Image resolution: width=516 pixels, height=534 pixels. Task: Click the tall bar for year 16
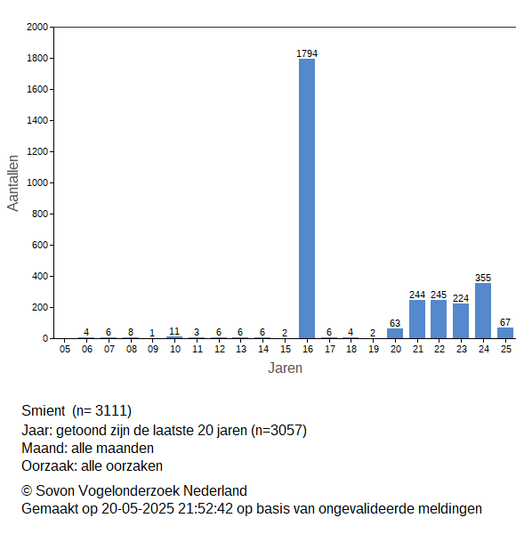(x=307, y=198)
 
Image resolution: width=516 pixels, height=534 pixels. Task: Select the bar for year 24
(x=483, y=311)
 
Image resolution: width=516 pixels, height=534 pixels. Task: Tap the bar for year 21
(x=417, y=320)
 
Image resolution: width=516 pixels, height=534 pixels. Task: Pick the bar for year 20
(x=395, y=334)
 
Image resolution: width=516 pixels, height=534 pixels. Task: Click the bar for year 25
(x=505, y=333)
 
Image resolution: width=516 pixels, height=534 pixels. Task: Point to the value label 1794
(x=307, y=53)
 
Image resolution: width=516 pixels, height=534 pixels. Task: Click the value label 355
(x=483, y=278)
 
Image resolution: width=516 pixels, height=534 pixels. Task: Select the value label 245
(x=439, y=295)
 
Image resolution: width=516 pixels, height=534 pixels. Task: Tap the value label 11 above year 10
(x=174, y=331)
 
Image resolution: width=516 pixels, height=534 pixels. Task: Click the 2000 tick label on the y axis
(x=37, y=27)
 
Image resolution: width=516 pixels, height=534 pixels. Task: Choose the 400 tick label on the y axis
(x=40, y=276)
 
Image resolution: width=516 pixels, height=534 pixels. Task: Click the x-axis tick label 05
(x=65, y=349)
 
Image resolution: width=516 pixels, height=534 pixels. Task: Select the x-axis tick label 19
(x=374, y=349)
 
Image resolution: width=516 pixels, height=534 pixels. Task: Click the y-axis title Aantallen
(x=13, y=183)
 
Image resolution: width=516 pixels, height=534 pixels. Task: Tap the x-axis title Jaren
(x=285, y=368)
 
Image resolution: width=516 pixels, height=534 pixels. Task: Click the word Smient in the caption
(x=44, y=410)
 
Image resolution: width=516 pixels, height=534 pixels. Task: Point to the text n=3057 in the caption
(x=279, y=431)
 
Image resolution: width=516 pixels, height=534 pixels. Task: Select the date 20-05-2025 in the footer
(x=138, y=509)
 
